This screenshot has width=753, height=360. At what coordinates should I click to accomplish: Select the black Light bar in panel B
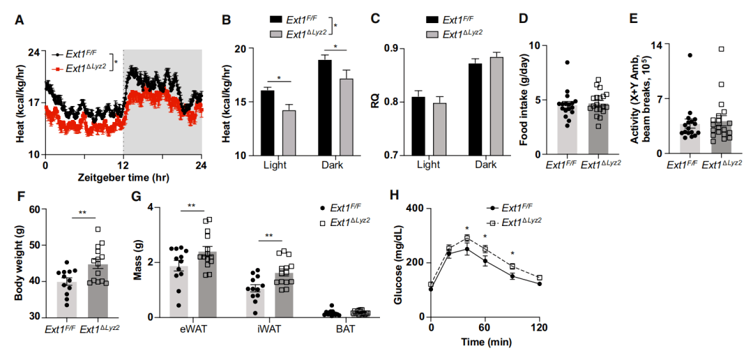[267, 123]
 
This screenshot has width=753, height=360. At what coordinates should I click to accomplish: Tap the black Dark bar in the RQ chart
[475, 109]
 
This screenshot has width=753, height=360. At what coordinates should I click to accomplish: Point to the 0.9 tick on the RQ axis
[398, 48]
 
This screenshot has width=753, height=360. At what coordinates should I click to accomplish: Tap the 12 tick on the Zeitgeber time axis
[123, 167]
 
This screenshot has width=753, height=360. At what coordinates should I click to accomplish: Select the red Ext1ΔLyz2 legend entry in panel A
[79, 68]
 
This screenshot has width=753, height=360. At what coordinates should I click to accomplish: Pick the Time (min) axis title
[487, 343]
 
